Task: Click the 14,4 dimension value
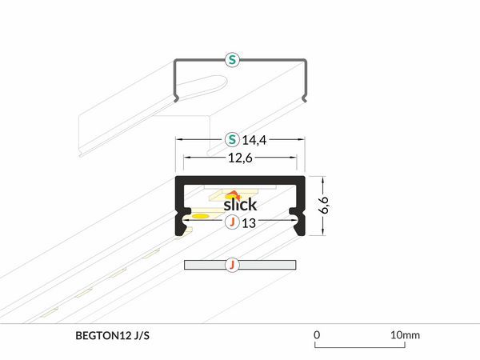[254, 140]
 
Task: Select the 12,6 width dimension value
[240, 158]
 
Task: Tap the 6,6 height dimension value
[323, 205]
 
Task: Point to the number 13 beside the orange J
[249, 223]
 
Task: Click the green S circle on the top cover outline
[232, 59]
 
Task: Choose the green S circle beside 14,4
[232, 139]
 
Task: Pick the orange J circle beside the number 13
[232, 222]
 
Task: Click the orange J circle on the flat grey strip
[232, 265]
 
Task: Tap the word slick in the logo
[240, 205]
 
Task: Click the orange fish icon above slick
[234, 195]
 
